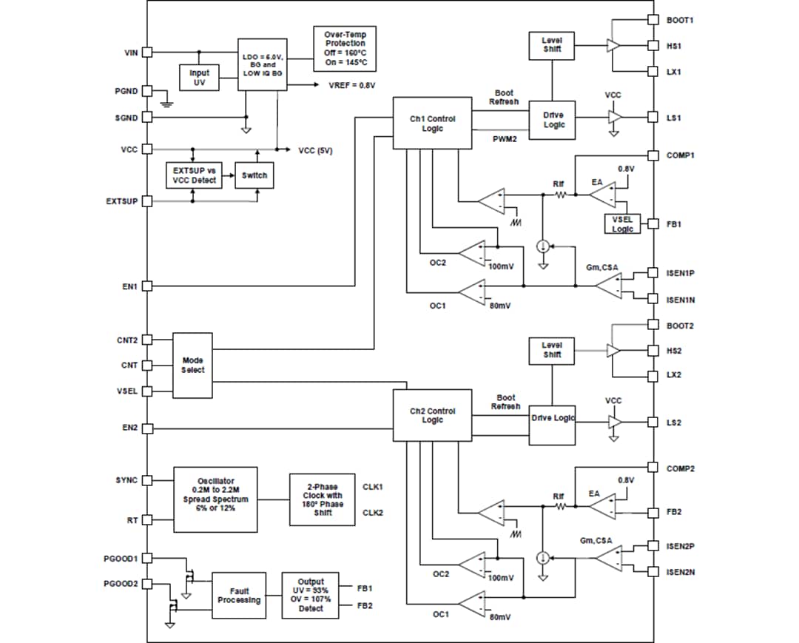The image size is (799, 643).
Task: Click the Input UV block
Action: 199,78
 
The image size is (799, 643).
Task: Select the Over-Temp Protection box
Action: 345,49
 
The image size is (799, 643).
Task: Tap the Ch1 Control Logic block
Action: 432,123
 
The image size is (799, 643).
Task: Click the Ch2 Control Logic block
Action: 432,416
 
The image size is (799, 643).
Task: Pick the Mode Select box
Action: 192,365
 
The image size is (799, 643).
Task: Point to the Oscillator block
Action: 215,499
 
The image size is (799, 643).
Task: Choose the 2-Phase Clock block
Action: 321,499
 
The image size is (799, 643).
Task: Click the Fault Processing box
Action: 239,596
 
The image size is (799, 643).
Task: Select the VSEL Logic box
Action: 622,224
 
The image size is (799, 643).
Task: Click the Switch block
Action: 254,175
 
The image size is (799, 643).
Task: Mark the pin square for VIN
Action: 147,53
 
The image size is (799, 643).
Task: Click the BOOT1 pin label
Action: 679,19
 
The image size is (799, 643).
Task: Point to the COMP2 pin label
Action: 680,468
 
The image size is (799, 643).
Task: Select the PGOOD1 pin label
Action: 121,558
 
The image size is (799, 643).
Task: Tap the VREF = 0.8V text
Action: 352,85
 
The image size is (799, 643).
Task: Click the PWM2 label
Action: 505,139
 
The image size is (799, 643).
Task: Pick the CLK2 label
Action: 373,512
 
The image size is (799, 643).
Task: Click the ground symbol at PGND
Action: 166,102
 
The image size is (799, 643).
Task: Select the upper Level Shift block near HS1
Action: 551,45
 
